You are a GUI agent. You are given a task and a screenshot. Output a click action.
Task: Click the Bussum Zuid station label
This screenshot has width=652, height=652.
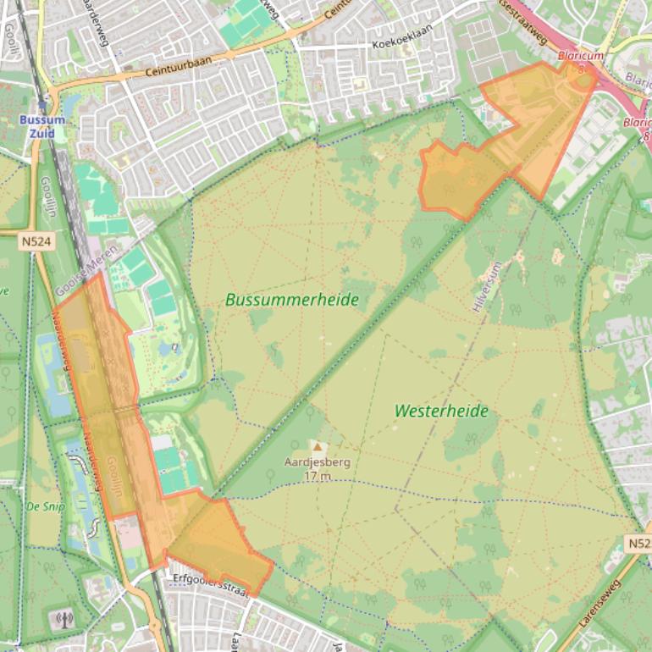[x=42, y=126]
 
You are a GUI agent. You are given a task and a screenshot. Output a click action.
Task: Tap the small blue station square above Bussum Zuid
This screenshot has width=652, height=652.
[x=43, y=108]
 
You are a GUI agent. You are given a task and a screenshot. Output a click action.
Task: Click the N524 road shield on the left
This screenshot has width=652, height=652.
[x=36, y=242]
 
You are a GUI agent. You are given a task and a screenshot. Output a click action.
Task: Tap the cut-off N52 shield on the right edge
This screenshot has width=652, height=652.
[x=640, y=542]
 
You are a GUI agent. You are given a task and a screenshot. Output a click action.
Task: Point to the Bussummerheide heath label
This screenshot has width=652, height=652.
[x=292, y=300]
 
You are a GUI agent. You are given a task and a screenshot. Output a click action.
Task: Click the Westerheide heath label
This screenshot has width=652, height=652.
[x=441, y=411]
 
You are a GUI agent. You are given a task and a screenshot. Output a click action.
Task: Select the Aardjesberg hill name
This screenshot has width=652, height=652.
[x=318, y=463]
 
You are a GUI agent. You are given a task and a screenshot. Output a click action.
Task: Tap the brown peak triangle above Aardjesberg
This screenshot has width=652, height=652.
[x=318, y=445]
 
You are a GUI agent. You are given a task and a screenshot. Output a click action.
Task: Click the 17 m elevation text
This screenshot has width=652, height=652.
[x=318, y=476]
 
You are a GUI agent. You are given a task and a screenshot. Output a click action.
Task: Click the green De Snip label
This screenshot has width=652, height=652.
[x=44, y=506]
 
